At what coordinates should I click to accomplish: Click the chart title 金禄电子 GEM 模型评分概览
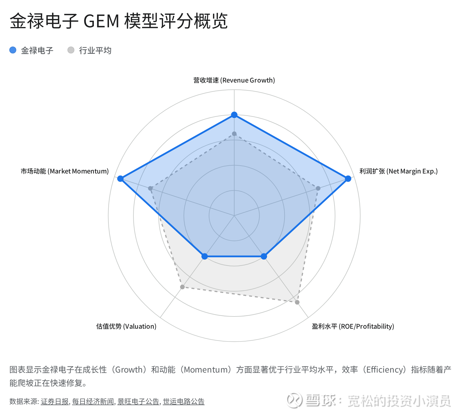pos(119,21)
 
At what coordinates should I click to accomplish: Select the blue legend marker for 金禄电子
pos(13,50)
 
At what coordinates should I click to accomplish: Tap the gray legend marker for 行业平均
pos(71,50)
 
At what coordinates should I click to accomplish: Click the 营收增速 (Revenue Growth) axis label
pos(234,80)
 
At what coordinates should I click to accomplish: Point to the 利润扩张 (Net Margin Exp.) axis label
pos(398,171)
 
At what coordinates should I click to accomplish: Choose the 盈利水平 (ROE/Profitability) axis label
pos(353,326)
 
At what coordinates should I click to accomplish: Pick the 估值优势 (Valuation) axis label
pos(126,326)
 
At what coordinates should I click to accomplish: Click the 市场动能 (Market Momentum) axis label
pos(65,171)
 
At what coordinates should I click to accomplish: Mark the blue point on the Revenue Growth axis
pos(234,115)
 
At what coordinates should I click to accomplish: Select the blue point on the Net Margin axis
pos(348,178)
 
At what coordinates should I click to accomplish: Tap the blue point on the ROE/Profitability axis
pos(264,256)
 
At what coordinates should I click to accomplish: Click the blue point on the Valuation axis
pos(205,256)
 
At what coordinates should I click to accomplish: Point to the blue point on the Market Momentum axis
pos(120,178)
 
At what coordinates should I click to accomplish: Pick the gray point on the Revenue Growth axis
pos(234,134)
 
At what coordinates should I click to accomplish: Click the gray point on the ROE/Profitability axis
pos(297,302)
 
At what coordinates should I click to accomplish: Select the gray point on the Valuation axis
pos(182,287)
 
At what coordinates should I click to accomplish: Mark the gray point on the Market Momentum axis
pos(150,188)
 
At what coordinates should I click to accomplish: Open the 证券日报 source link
pos(55,402)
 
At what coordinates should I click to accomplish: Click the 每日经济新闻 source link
pos(93,402)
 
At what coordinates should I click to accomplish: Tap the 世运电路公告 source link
pos(184,402)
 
